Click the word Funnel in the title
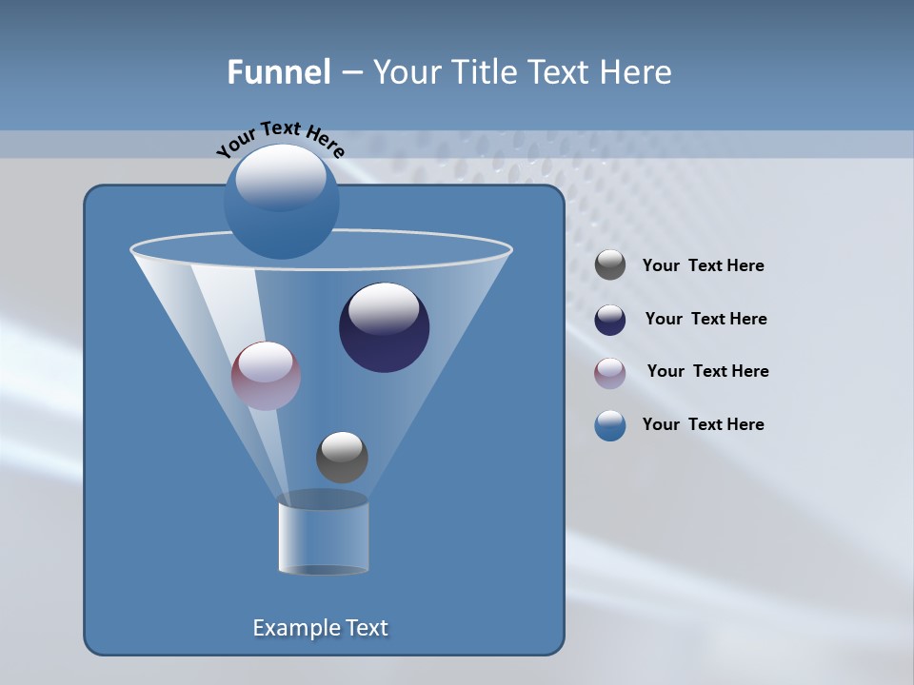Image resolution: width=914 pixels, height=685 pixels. click(278, 72)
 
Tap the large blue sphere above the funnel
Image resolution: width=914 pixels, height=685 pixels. click(281, 201)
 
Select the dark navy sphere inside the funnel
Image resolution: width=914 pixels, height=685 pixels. click(384, 328)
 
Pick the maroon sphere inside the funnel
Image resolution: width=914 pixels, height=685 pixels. click(266, 376)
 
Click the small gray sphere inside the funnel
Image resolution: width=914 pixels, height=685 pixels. click(342, 458)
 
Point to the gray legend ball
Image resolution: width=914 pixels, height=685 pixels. click(610, 265)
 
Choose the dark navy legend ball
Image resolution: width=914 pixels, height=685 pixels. click(610, 320)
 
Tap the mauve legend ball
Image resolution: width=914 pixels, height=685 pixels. click(610, 373)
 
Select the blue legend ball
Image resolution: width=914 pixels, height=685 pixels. click(610, 425)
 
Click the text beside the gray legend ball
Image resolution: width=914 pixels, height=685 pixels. click(703, 266)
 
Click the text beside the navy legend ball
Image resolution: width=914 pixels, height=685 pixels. click(705, 320)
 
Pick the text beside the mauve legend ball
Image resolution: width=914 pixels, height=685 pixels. click(707, 372)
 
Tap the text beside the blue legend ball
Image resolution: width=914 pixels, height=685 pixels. click(703, 425)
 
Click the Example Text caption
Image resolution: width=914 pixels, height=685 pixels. click(320, 628)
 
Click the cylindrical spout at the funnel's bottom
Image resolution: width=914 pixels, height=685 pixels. click(324, 537)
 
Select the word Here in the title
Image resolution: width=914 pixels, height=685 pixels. click(635, 72)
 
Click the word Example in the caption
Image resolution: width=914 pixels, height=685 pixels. click(294, 628)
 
